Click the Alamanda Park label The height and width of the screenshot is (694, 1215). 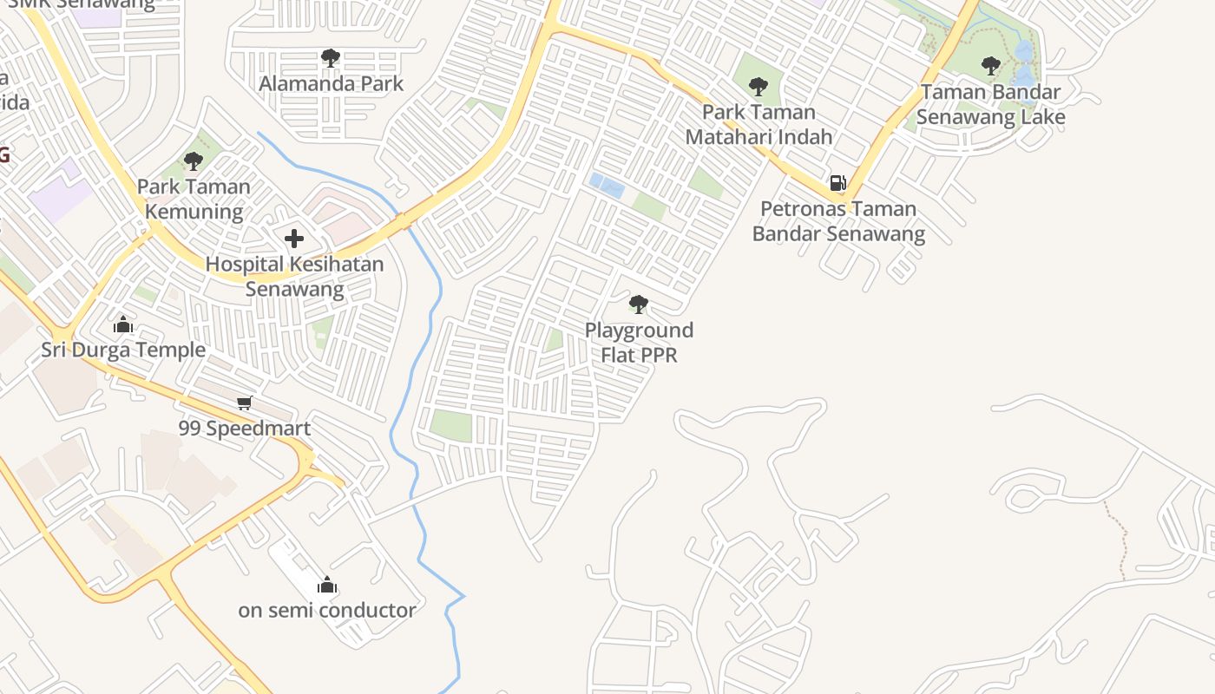coord(332,84)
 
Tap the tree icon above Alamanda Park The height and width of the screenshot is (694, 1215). coord(330,58)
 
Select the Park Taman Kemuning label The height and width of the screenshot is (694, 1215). coord(194,199)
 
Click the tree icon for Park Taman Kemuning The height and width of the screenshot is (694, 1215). coord(194,160)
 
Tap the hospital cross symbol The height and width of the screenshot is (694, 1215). coord(294,238)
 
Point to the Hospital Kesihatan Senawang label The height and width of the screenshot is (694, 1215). coord(294,276)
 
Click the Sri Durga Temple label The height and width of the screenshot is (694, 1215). coord(123,350)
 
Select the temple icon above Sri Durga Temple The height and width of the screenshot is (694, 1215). coord(123,324)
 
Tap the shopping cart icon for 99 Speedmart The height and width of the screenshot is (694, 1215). coord(245,403)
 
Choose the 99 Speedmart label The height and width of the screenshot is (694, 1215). coord(245,428)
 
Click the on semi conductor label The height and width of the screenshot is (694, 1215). coord(327,610)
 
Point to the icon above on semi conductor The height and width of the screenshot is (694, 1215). coord(327,585)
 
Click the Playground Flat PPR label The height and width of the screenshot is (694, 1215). coord(639,342)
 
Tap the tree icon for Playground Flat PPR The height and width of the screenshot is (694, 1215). coord(639,304)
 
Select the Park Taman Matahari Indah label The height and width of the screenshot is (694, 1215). coord(759,124)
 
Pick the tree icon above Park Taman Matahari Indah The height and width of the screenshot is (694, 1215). coord(759,86)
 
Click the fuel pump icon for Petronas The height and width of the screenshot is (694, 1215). coord(837,182)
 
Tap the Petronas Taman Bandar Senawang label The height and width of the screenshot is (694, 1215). coord(838,220)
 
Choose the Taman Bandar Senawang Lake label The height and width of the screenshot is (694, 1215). coord(991,104)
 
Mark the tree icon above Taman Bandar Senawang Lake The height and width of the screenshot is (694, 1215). coord(991,65)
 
